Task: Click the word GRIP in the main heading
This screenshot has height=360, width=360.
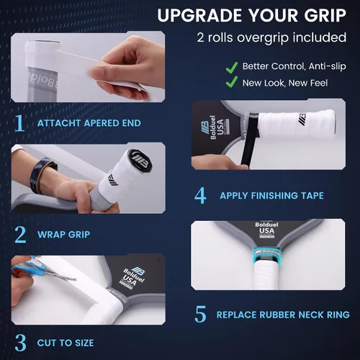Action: pos(325,15)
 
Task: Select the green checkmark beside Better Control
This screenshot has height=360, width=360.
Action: pos(232,67)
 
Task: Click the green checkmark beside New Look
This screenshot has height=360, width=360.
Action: pos(232,82)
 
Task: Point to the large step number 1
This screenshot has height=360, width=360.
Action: pos(19,123)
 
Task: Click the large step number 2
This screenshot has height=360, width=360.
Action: pos(20,235)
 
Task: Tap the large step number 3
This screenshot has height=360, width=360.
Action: pos(20,343)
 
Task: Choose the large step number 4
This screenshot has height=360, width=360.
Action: pos(200,195)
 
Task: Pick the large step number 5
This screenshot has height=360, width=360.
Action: pos(200,314)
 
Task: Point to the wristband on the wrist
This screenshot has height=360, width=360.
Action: pos(42,175)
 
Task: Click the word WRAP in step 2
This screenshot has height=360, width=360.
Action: pos(50,235)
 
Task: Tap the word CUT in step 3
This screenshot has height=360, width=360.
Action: pos(46,343)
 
